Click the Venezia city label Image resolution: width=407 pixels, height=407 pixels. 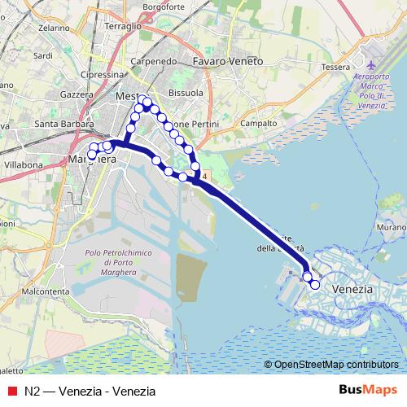pos(353,289)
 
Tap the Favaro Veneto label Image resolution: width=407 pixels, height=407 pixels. pos(228,61)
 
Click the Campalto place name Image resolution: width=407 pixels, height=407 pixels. pos(258,124)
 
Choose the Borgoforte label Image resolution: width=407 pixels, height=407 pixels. pos(164,7)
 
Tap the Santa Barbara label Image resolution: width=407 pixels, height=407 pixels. pos(65,124)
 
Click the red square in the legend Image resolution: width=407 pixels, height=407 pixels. pos(11,390)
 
